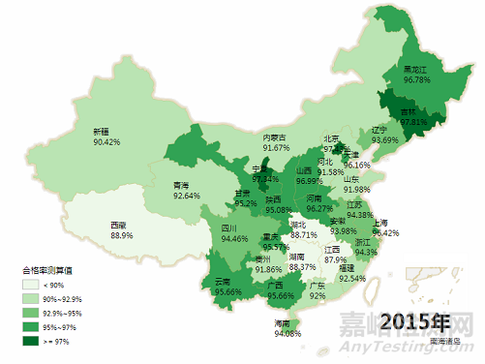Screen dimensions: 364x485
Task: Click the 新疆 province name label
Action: click(x=102, y=131)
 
